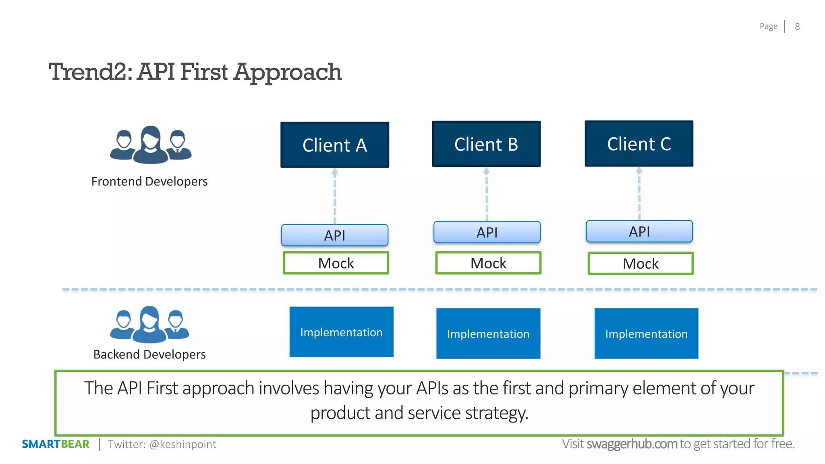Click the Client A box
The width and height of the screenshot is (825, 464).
pyautogui.click(x=335, y=145)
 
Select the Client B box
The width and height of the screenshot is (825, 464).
pyautogui.click(x=486, y=144)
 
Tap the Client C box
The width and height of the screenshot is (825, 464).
pyautogui.click(x=639, y=144)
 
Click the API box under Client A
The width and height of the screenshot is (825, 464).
pyautogui.click(x=335, y=235)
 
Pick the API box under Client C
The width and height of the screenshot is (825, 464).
pyautogui.click(x=639, y=231)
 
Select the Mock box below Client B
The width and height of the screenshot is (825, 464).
pyautogui.click(x=488, y=263)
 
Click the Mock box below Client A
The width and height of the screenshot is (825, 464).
pyautogui.click(x=336, y=263)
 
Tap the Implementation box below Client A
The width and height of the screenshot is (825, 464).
pyautogui.click(x=341, y=332)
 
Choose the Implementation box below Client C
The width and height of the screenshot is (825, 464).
pyautogui.click(x=646, y=333)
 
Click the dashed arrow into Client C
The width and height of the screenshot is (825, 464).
pyautogui.click(x=639, y=193)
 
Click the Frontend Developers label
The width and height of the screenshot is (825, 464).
pyautogui.click(x=149, y=181)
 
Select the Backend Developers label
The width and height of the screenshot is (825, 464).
pyautogui.click(x=149, y=354)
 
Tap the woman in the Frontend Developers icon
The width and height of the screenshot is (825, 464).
pyautogui.click(x=151, y=144)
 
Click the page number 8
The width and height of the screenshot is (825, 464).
pyautogui.click(x=797, y=27)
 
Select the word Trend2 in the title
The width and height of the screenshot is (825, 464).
pyautogui.click(x=90, y=72)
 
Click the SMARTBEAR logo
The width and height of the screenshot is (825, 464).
pyautogui.click(x=56, y=444)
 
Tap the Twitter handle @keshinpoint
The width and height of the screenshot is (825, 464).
pyautogui.click(x=182, y=444)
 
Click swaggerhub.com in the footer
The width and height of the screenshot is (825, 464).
pyautogui.click(x=632, y=444)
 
